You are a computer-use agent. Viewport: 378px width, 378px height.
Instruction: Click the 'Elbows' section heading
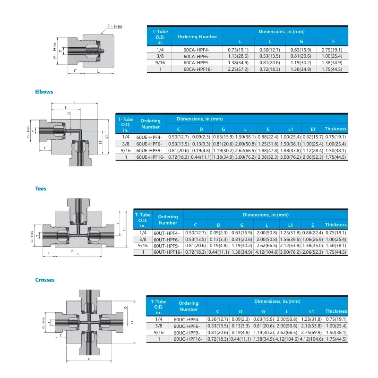(44, 92)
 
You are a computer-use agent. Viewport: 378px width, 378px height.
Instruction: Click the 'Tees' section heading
(41, 189)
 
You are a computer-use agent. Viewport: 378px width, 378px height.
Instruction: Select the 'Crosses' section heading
(45, 280)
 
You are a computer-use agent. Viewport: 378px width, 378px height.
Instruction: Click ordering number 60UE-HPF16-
(151, 157)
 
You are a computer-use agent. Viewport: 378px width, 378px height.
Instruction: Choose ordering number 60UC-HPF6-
(187, 326)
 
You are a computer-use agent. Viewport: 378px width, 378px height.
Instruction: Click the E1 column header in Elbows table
(312, 129)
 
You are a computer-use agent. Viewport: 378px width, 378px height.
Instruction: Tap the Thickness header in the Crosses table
(335, 311)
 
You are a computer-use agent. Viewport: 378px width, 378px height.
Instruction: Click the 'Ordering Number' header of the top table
(197, 36)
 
